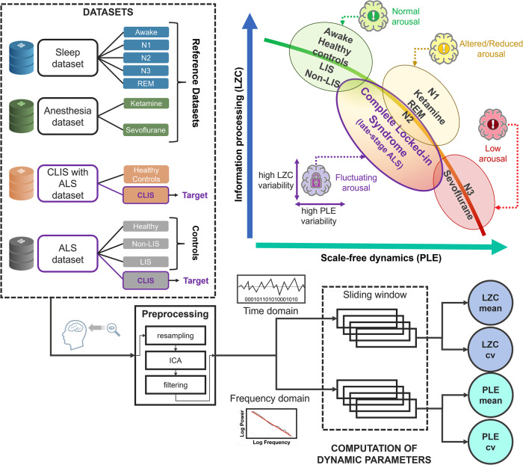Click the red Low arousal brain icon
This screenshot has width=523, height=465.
[495, 120]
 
